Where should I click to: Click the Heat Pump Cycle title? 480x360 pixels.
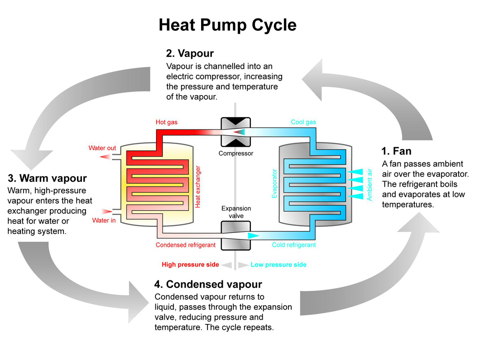pyautogui.click(x=227, y=25)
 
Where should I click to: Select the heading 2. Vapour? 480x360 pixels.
pyautogui.click(x=190, y=54)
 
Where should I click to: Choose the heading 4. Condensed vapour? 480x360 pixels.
pyautogui.click(x=208, y=284)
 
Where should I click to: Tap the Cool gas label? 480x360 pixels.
pyautogui.click(x=303, y=122)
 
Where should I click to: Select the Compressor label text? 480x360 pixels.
pyautogui.click(x=235, y=154)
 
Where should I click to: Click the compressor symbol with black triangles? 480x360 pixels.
pyautogui.click(x=235, y=131)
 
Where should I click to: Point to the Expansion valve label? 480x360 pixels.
pyautogui.click(x=235, y=212)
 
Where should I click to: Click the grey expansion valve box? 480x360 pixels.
pyautogui.click(x=235, y=235)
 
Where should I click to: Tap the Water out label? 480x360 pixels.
pyautogui.click(x=102, y=148)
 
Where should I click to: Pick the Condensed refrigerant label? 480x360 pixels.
pyautogui.click(x=185, y=245)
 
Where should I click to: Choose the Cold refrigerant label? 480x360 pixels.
pyautogui.click(x=294, y=245)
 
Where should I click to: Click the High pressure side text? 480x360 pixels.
pyautogui.click(x=190, y=264)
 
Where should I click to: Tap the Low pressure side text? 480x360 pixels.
pyautogui.click(x=278, y=264)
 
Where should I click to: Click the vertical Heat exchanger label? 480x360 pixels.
pyautogui.click(x=198, y=187)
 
